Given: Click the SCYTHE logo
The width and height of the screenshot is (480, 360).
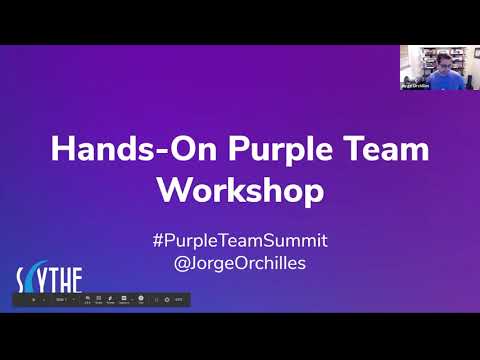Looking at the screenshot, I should pyautogui.click(x=47, y=278).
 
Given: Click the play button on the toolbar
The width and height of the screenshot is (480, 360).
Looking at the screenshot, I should pyautogui.click(x=34, y=299).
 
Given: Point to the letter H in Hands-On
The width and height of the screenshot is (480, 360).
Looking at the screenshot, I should pyautogui.click(x=62, y=150).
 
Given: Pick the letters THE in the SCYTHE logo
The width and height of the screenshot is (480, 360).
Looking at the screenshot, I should pyautogui.click(x=62, y=278).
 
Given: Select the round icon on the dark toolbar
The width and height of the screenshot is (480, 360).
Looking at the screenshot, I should pyautogui.click(x=142, y=299).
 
